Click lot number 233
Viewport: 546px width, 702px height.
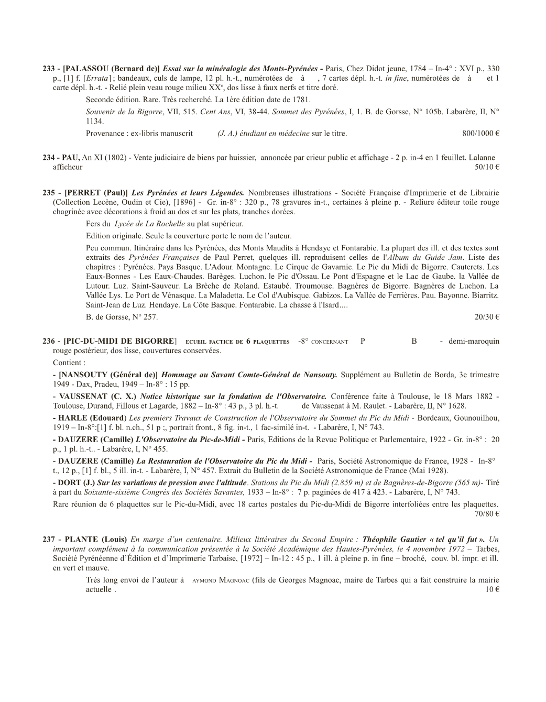point(49,69)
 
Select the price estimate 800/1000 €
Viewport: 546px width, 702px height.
point(481,134)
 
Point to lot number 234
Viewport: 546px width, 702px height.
point(49,158)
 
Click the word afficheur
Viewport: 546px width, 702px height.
point(68,167)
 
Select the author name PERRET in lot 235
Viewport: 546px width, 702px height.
point(84,193)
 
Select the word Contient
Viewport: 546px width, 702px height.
point(68,363)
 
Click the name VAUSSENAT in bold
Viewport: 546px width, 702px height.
point(82,397)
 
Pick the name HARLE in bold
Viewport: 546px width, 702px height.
point(72,418)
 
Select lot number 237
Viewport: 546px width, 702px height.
point(49,540)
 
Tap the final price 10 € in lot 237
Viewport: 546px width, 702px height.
point(492,590)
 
